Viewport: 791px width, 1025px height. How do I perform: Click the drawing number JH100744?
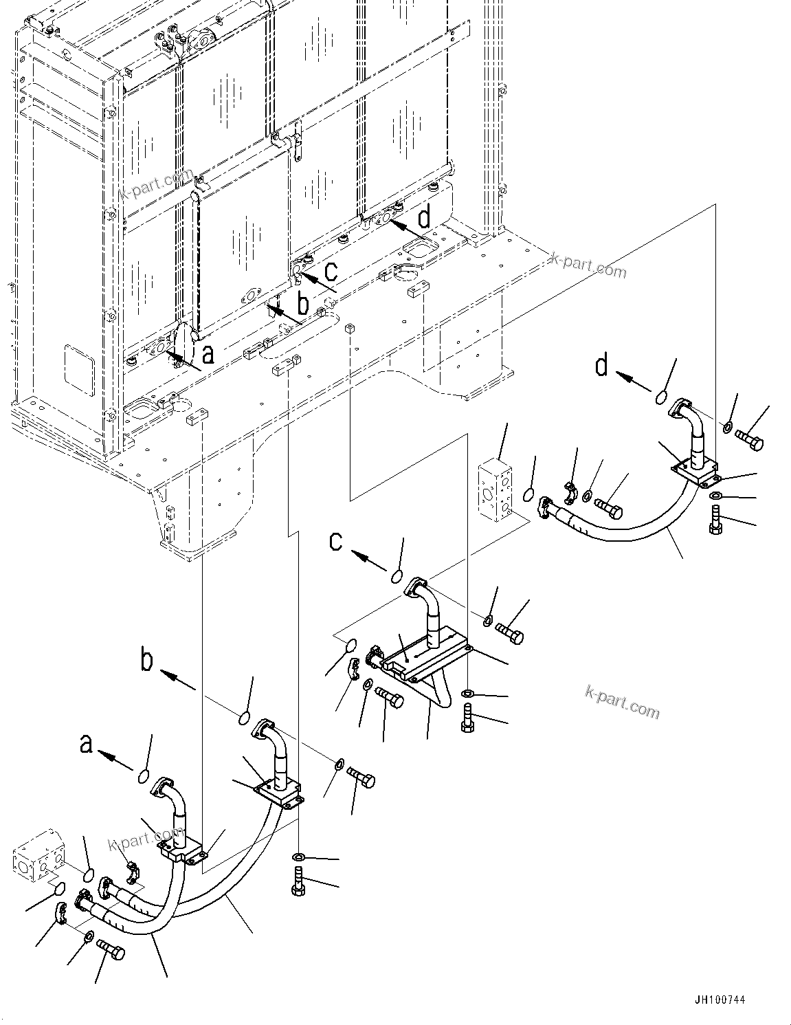click(719, 1000)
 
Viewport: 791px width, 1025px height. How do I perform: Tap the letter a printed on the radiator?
click(208, 354)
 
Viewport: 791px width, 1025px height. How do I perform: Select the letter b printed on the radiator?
click(302, 302)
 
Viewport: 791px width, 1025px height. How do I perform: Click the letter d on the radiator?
click(425, 219)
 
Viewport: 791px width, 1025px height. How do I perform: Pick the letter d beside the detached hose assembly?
click(602, 366)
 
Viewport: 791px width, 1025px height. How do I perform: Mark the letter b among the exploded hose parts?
click(146, 661)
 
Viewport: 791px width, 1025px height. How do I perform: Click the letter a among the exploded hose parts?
click(86, 745)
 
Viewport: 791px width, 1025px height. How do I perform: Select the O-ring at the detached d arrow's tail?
click(660, 397)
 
